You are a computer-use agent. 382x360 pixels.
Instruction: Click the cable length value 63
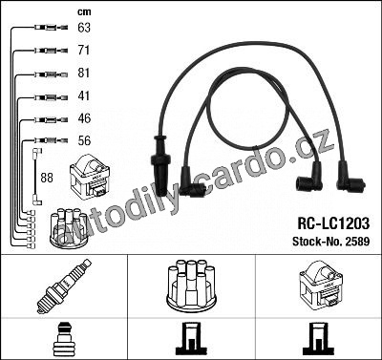tap(84, 28)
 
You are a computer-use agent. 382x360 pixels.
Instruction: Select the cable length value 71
tap(84, 51)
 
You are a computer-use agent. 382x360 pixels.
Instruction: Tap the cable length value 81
tap(84, 73)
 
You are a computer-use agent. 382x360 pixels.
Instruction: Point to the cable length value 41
tap(84, 95)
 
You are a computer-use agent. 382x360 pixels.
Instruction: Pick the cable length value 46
tap(84, 118)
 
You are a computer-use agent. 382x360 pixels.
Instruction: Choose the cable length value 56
tap(84, 140)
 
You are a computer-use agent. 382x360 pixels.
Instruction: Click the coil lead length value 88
tap(47, 178)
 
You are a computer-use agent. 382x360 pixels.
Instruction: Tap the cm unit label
tap(84, 12)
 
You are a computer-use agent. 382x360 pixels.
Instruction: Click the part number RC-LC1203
tap(333, 223)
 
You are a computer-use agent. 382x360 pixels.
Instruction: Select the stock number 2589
tap(357, 242)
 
